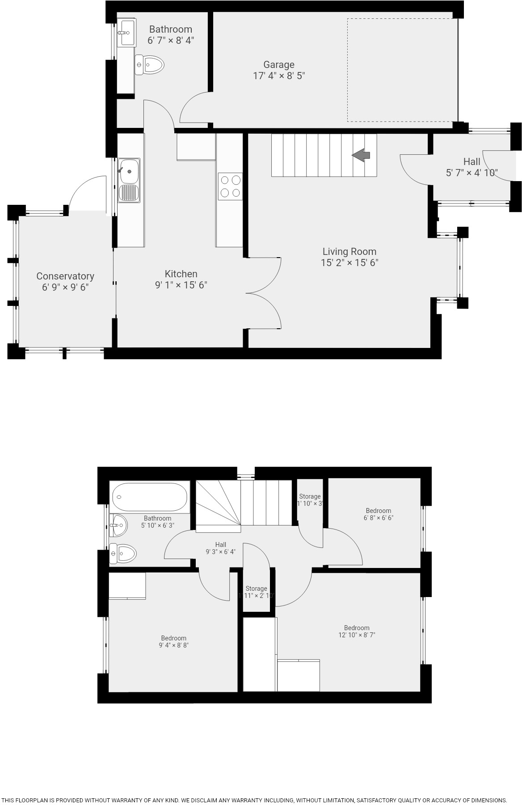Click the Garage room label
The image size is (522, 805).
[278, 65]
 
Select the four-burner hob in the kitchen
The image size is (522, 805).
[230, 186]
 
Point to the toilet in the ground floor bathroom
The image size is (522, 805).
[150, 65]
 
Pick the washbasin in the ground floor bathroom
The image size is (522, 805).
[126, 32]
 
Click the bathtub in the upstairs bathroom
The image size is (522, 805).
[150, 496]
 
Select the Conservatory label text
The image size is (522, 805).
[65, 276]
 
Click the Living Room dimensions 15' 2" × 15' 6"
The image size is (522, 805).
[349, 263]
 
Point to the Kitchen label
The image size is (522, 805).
[181, 274]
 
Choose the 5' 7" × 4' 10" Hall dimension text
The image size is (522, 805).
[471, 173]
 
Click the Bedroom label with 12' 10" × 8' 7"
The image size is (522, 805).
[357, 628]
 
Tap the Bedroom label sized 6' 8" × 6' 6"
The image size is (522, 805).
[379, 511]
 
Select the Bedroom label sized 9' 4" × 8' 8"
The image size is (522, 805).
[174, 638]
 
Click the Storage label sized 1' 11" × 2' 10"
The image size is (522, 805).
[256, 589]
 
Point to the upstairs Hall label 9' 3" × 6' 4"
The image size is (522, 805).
[220, 545]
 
